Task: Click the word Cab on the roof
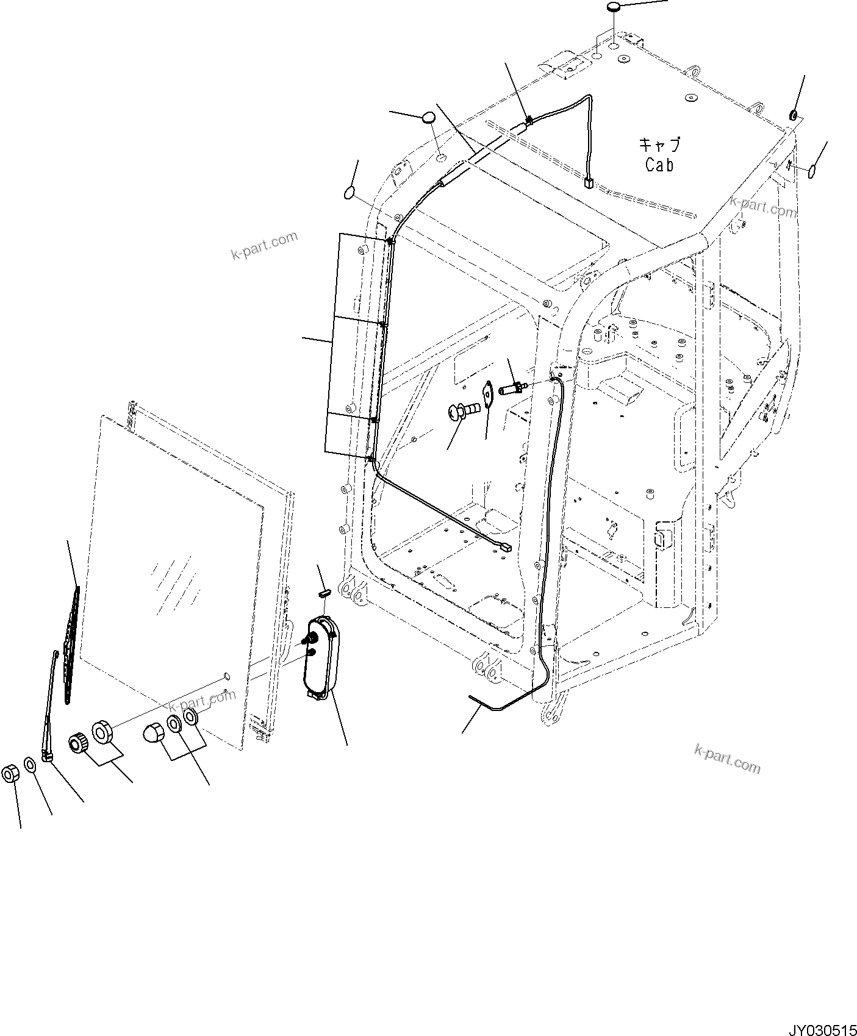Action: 659,164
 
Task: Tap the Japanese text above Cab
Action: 659,145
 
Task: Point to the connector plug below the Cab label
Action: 589,182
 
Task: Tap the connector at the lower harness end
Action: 504,548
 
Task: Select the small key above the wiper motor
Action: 325,591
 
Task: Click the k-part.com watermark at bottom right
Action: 727,759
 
